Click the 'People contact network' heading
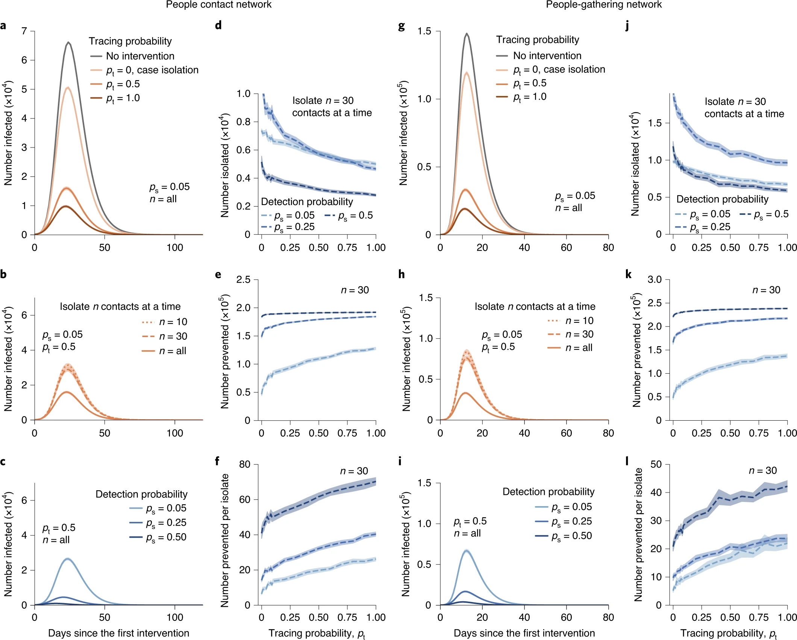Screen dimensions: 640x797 pos(218,5)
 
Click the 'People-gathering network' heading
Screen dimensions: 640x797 pos(603,5)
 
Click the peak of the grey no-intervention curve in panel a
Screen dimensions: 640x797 pos(68,43)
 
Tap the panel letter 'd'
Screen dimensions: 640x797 pos(218,25)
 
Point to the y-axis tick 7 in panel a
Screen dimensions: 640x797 pos(24,31)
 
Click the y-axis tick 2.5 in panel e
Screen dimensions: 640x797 pos(243,280)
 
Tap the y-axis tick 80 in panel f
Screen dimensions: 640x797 pos(245,464)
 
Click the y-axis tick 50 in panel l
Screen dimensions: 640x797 pos(656,464)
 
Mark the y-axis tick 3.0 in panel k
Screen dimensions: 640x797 pos(655,280)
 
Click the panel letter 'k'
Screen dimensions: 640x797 pos(628,274)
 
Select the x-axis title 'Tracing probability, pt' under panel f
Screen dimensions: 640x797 pos(317,634)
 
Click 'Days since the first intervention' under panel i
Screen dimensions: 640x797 pos(524,633)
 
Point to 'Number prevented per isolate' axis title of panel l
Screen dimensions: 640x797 pos(638,535)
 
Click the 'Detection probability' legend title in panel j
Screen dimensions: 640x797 pos(722,199)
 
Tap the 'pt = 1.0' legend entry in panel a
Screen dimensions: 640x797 pos(123,98)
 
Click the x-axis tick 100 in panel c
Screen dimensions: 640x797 pos(175,617)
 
